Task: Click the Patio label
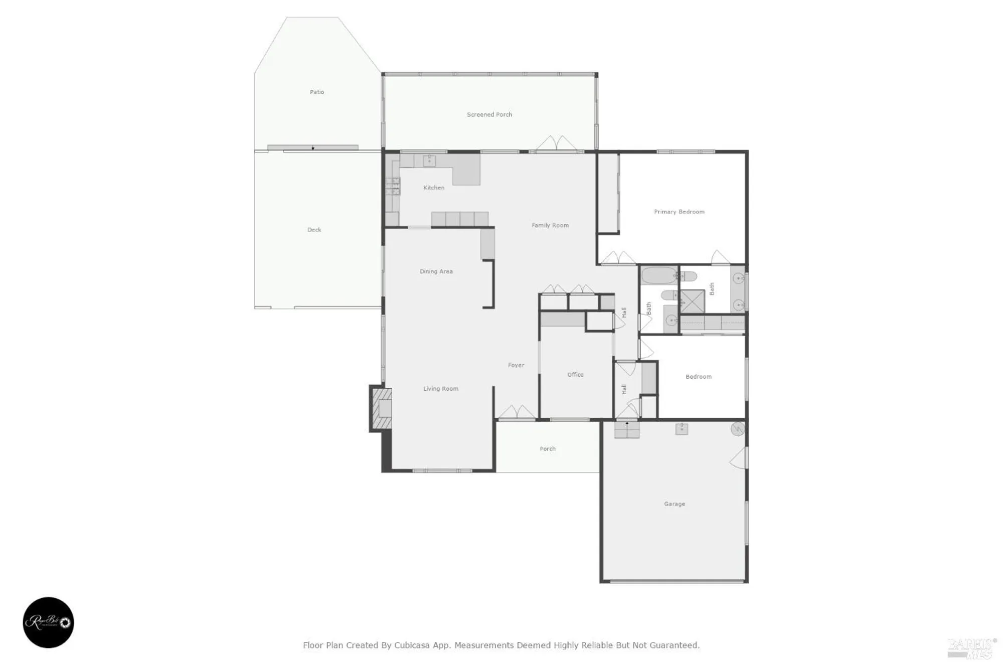(317, 92)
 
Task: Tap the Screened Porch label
(489, 115)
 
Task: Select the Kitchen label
(434, 188)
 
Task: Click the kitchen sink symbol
(429, 160)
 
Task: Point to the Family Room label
(550, 226)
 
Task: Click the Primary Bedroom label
(679, 212)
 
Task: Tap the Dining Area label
(436, 272)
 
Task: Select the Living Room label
(441, 389)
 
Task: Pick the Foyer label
(516, 366)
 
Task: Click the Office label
(575, 375)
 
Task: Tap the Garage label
(675, 505)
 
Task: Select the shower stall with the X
(693, 301)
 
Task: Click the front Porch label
(548, 449)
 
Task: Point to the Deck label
(314, 230)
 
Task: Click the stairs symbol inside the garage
(627, 430)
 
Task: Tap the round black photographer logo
(49, 622)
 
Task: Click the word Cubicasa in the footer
(412, 645)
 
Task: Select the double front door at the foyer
(517, 412)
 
